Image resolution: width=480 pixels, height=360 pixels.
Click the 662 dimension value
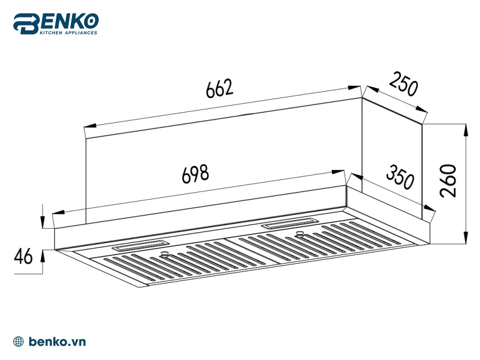220,88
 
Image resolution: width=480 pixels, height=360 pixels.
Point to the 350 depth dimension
399,178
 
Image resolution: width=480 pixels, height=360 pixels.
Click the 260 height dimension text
449,181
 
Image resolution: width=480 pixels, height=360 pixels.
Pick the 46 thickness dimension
23,257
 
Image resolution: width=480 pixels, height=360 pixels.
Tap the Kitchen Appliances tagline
69,33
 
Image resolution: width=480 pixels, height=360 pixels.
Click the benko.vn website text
58,342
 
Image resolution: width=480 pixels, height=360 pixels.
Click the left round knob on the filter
165,254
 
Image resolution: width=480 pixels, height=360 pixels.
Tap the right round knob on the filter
300,234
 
